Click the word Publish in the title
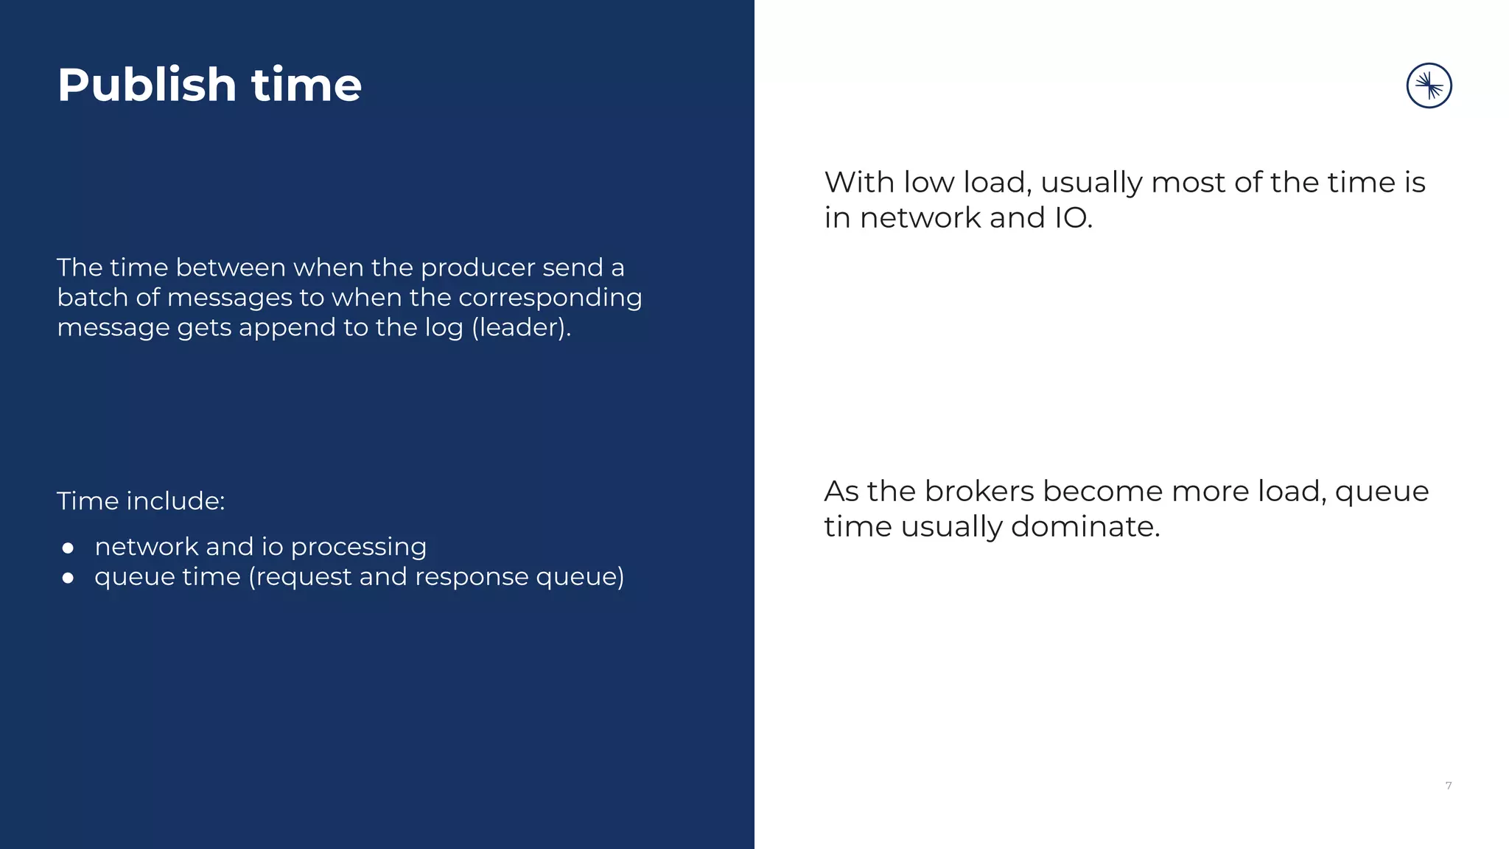click(147, 85)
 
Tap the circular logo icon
click(1429, 85)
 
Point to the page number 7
click(1449, 786)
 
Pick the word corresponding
click(550, 298)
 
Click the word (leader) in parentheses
click(521, 328)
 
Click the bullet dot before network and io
click(69, 548)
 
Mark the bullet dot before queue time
click(69, 578)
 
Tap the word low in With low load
click(928, 183)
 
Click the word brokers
click(979, 492)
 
